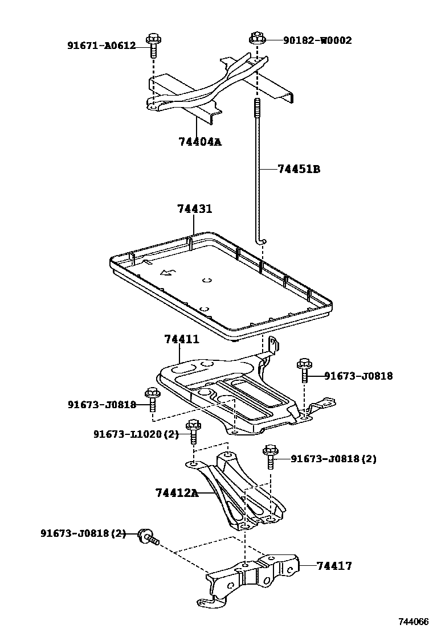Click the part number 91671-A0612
click(101, 46)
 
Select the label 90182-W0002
click(317, 40)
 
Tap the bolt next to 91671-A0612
click(152, 45)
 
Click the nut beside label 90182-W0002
click(255, 40)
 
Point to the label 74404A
click(199, 142)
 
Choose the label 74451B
click(299, 169)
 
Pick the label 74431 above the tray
click(194, 209)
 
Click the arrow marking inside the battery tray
click(168, 273)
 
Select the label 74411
click(182, 339)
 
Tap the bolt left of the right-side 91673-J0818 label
click(304, 371)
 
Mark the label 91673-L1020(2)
click(136, 434)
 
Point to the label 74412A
click(177, 492)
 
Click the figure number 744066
click(413, 622)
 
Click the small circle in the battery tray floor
click(207, 279)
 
